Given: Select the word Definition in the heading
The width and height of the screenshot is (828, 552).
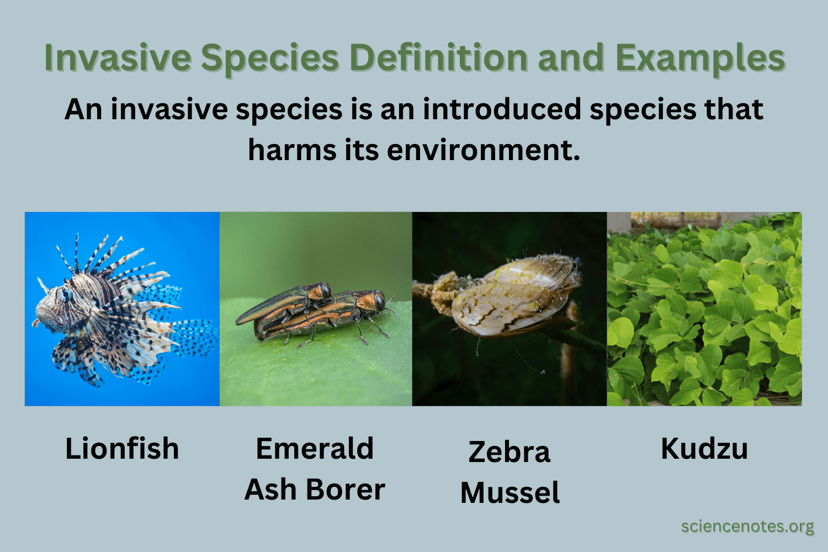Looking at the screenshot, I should (x=438, y=57).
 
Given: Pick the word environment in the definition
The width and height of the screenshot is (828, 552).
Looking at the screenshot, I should (x=484, y=150).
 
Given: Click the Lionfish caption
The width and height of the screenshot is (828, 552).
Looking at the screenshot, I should (x=122, y=448).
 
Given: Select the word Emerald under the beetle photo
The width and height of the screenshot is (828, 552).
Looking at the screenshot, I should (x=315, y=448).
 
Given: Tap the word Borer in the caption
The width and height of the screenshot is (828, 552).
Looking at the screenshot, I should (x=346, y=489).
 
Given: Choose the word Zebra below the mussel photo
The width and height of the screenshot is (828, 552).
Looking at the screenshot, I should (x=509, y=452).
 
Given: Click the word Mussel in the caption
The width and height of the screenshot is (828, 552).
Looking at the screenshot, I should (x=509, y=492).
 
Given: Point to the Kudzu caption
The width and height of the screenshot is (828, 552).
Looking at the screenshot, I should (x=704, y=448).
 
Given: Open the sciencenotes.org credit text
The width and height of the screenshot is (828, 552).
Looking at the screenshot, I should (x=747, y=526).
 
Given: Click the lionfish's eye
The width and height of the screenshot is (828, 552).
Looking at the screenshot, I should (x=67, y=296).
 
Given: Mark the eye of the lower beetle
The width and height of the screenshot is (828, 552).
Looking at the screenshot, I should (x=380, y=301).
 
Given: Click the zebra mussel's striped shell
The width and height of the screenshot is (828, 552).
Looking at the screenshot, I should (x=513, y=298).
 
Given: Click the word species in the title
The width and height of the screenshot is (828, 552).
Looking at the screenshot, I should (x=269, y=57).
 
